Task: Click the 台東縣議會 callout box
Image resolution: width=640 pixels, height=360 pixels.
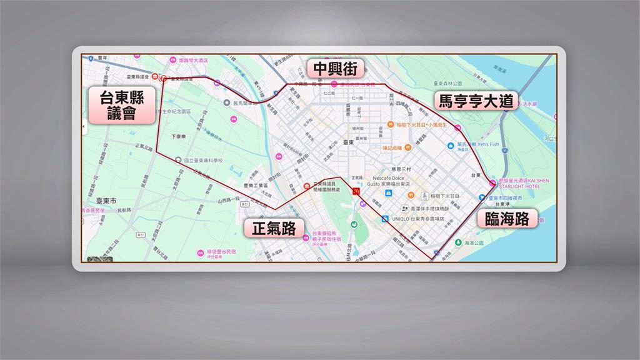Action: point(121,105)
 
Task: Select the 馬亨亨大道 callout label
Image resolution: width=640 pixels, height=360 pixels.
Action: point(476,101)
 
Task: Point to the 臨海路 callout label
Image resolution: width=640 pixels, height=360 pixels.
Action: point(507,218)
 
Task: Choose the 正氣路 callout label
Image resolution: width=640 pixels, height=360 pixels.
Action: point(274,227)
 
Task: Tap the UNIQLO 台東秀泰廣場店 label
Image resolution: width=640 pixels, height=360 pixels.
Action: point(418,219)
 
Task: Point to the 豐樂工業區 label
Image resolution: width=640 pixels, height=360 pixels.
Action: point(258,186)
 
